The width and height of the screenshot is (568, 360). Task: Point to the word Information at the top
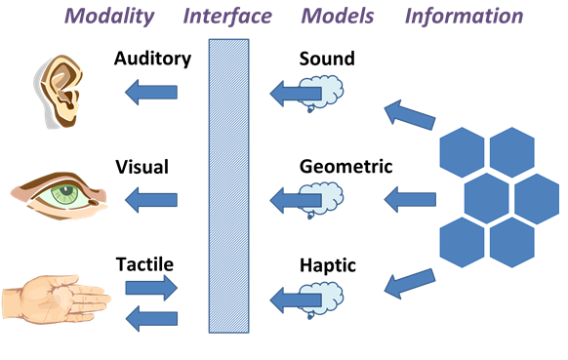pyautogui.click(x=464, y=17)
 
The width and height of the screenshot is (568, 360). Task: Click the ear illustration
pyautogui.click(x=59, y=92)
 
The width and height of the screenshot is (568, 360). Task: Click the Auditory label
pyautogui.click(x=152, y=60)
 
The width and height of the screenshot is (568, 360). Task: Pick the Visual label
pyautogui.click(x=142, y=167)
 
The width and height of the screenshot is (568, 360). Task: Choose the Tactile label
pyautogui.click(x=145, y=264)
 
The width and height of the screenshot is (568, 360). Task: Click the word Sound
pyautogui.click(x=327, y=60)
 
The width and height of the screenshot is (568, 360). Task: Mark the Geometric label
pyautogui.click(x=345, y=167)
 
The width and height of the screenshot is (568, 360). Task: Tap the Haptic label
pyautogui.click(x=327, y=264)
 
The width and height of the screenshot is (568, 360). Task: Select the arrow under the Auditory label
pyautogui.click(x=150, y=93)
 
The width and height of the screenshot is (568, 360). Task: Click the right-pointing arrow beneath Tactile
pyautogui.click(x=152, y=288)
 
